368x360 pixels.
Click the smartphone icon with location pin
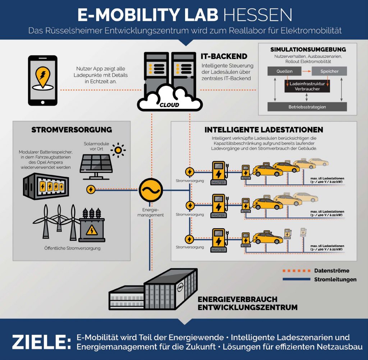(x=43, y=80)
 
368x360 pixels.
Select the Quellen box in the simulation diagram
(x=284, y=71)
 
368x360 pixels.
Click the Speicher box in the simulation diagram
(x=329, y=71)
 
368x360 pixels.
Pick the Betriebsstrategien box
(x=307, y=107)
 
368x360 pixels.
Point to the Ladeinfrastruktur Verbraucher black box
(x=307, y=86)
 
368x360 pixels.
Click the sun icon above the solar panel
(x=118, y=150)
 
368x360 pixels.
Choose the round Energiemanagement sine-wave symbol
(x=151, y=190)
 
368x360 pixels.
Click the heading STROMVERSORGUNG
(x=72, y=130)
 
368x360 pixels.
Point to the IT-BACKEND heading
(x=224, y=56)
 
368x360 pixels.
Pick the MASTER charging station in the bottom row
(x=218, y=240)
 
